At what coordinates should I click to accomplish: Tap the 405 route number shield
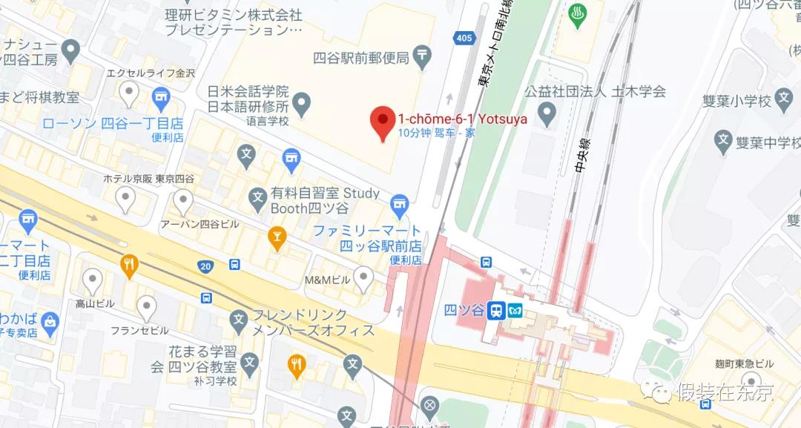pyautogui.click(x=464, y=38)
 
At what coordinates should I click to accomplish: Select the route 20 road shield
pyautogui.click(x=205, y=266)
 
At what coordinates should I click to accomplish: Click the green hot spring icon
pyautogui.click(x=578, y=15)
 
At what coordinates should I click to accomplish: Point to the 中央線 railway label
pyautogui.click(x=581, y=156)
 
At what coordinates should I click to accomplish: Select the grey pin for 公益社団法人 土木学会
pyautogui.click(x=547, y=113)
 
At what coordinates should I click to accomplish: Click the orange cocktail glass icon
pyautogui.click(x=277, y=238)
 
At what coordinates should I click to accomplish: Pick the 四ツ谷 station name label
pyautogui.click(x=465, y=310)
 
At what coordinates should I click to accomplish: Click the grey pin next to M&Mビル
pyautogui.click(x=363, y=278)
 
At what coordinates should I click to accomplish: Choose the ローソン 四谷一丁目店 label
pyautogui.click(x=113, y=123)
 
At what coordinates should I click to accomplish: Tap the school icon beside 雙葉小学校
pyautogui.click(x=783, y=99)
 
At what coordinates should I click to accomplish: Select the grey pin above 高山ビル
pyautogui.click(x=92, y=280)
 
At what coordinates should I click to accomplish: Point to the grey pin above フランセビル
pyautogui.click(x=147, y=307)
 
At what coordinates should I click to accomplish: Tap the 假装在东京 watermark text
pyautogui.click(x=724, y=392)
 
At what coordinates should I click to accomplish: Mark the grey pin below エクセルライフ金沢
pyautogui.click(x=130, y=93)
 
